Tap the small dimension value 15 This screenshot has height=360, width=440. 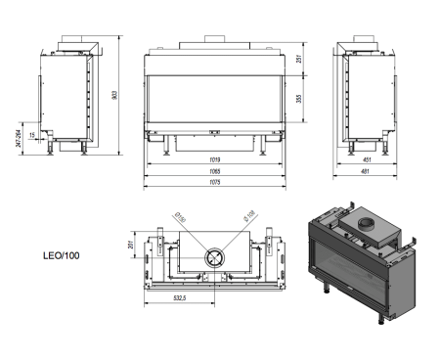33,134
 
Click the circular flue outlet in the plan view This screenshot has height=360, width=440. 214,258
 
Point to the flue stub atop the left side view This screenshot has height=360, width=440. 74,43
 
